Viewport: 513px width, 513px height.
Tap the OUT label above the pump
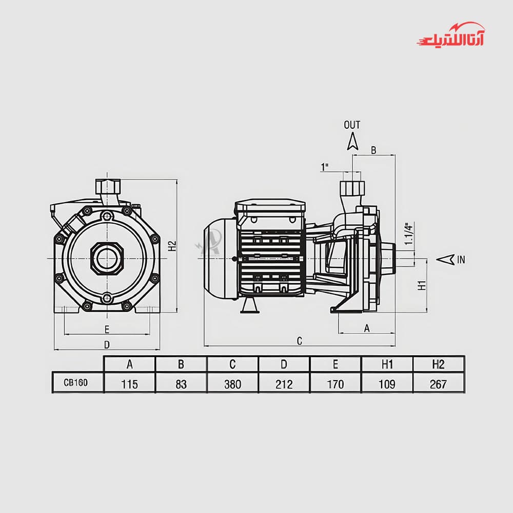pos(352,125)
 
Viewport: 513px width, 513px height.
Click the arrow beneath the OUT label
pos(352,142)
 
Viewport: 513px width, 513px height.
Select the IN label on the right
pos(461,260)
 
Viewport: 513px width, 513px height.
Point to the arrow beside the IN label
pos(445,260)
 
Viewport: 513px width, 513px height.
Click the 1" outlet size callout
pos(324,167)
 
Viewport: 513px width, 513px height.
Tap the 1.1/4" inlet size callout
pos(409,233)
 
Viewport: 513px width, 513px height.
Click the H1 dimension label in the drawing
pos(422,285)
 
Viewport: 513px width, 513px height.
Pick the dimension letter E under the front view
pos(107,329)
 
